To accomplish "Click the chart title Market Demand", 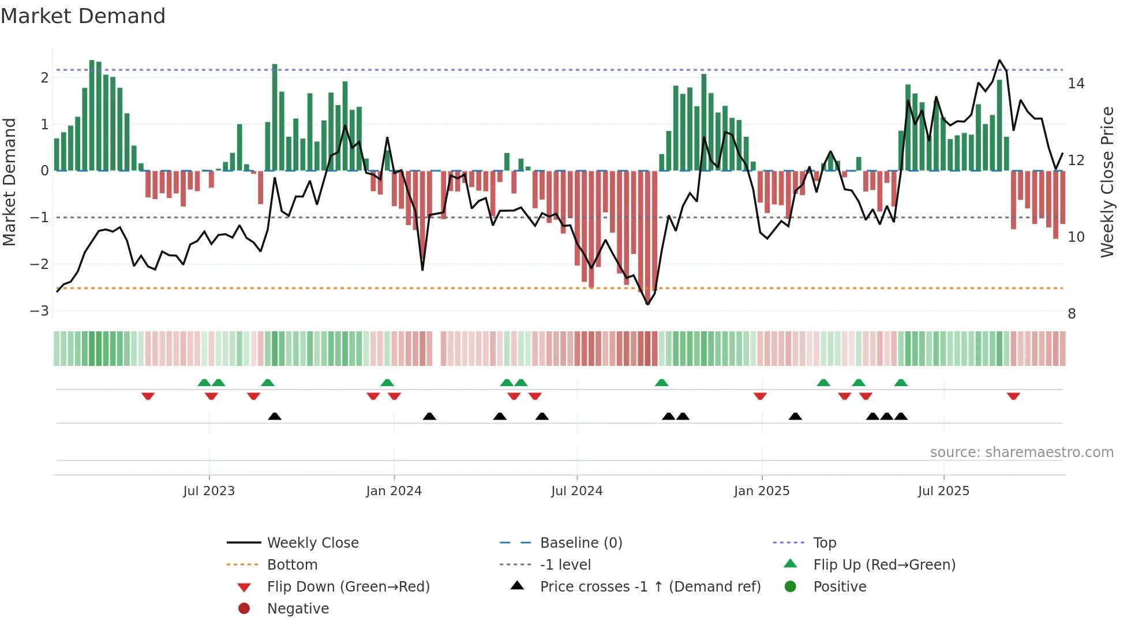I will pyautogui.click(x=83, y=16).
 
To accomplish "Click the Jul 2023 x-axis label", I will pyautogui.click(x=209, y=491).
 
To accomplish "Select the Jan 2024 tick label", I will pyautogui.click(x=394, y=491).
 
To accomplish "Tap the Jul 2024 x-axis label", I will pyautogui.click(x=576, y=491).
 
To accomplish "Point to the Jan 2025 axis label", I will pyautogui.click(x=762, y=491).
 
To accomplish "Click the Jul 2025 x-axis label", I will pyautogui.click(x=943, y=491).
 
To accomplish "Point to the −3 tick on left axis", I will pyautogui.click(x=39, y=311).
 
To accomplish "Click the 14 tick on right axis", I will pyautogui.click(x=1076, y=84).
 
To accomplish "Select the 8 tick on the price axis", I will pyautogui.click(x=1072, y=314).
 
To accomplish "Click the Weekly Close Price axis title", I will pyautogui.click(x=1107, y=182).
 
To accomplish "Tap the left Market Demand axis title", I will pyautogui.click(x=9, y=182).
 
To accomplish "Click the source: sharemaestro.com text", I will pyautogui.click(x=1021, y=452).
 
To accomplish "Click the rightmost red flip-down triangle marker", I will pyautogui.click(x=1013, y=396).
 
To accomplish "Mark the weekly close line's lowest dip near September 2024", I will pyautogui.click(x=647, y=304).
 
